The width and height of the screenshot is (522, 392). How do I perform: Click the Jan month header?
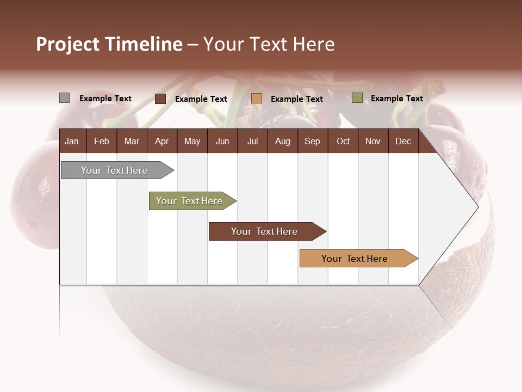click(72, 141)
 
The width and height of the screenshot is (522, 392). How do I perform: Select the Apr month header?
click(161, 141)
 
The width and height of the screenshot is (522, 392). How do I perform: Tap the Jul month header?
click(252, 141)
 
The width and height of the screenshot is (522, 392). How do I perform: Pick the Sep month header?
click(312, 141)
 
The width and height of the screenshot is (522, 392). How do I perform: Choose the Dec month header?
click(403, 141)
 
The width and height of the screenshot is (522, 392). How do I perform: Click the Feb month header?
click(102, 141)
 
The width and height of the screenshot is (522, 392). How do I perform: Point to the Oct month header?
click(343, 141)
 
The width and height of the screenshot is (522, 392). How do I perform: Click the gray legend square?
click(64, 98)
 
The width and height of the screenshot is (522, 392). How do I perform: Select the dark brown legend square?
click(160, 99)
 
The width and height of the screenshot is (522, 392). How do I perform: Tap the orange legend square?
click(257, 99)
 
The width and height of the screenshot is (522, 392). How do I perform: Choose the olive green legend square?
click(357, 98)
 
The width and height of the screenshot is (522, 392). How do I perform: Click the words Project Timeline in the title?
click(109, 44)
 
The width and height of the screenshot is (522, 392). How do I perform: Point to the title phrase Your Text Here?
click(269, 44)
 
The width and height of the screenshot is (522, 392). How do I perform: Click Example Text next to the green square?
click(396, 99)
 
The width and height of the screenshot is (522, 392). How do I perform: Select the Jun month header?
click(222, 141)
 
